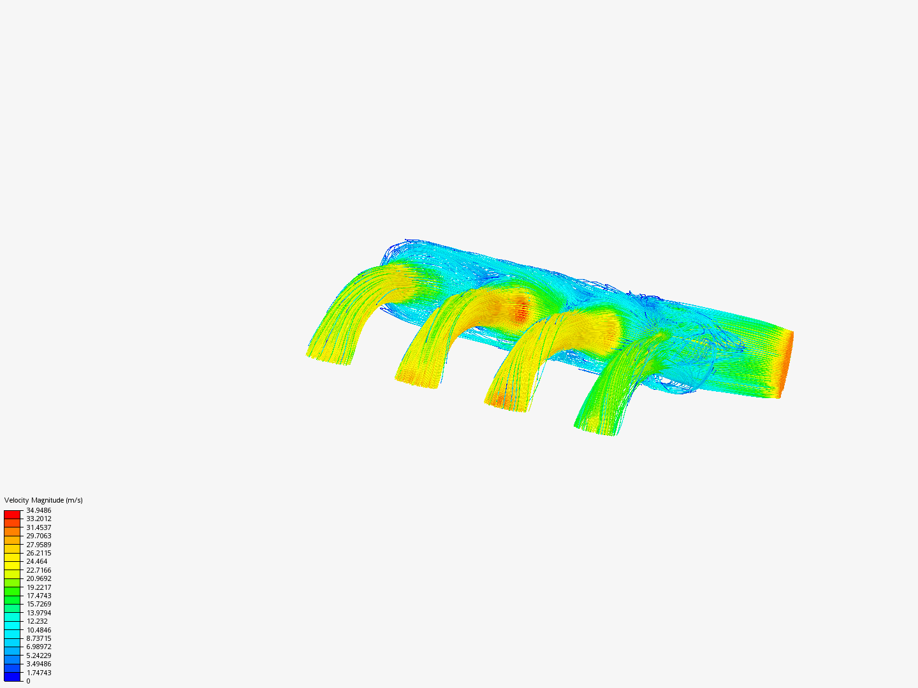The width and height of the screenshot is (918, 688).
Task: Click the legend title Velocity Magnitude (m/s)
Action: coord(43,500)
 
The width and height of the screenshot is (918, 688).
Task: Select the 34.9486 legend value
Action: coord(38,510)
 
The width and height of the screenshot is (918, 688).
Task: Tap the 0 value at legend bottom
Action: coord(28,681)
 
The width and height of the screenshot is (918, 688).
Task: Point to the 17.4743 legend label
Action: coord(38,596)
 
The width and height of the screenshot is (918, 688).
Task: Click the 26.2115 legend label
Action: coord(38,553)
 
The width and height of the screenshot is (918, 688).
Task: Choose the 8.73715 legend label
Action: coord(38,638)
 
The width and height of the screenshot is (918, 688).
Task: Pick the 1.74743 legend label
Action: coord(38,673)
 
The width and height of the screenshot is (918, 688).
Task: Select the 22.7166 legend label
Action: coord(38,570)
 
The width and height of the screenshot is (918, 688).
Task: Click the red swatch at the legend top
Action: coord(12,514)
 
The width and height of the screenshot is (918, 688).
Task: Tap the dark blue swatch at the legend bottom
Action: coord(12,677)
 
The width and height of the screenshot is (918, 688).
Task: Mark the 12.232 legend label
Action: coord(36,621)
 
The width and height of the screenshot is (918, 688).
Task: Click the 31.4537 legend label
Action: coord(38,527)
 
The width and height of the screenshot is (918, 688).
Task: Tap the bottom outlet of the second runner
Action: coord(418,380)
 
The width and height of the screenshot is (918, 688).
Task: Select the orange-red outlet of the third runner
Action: coord(506,403)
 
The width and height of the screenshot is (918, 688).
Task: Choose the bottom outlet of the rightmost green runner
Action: coord(596,428)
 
